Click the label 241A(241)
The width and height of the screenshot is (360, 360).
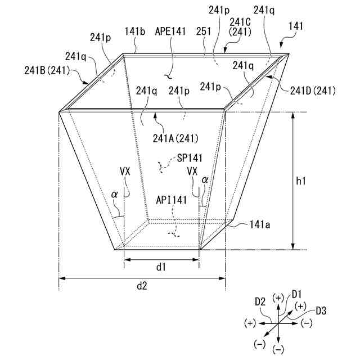[x=175, y=138]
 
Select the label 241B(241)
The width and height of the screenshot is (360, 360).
[x=47, y=70]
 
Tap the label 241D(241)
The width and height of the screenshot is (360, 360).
[x=313, y=91]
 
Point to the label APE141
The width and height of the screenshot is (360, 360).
[x=170, y=31]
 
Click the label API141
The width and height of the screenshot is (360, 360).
[x=171, y=200]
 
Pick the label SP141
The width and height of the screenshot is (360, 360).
[x=190, y=158]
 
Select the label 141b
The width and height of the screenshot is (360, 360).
[x=135, y=31]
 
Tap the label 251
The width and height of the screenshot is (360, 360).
[x=204, y=31]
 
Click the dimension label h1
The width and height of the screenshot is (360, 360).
[x=300, y=181]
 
